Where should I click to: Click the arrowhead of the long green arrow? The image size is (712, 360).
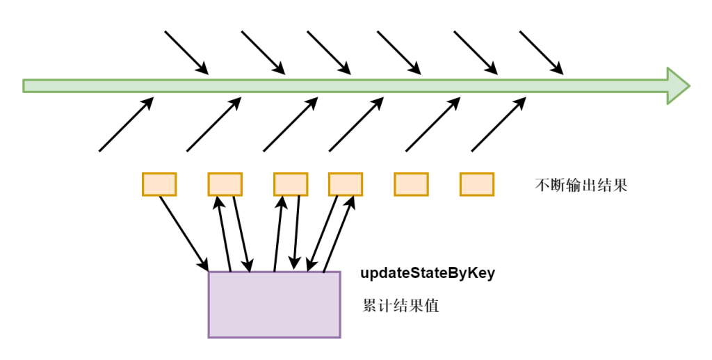[x=678, y=85]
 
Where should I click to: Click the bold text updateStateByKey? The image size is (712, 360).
[x=428, y=273]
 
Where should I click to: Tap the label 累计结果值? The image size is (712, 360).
[x=400, y=306]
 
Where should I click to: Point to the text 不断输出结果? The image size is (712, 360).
[x=581, y=186]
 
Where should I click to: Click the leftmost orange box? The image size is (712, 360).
[x=159, y=184]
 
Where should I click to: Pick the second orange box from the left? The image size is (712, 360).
[x=225, y=184]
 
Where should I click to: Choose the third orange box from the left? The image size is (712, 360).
[x=291, y=184]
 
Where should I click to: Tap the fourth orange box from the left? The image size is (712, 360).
[x=345, y=184]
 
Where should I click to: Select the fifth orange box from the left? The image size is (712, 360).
[x=411, y=184]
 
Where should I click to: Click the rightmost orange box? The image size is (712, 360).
[x=476, y=184]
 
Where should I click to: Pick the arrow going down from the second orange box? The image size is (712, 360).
[x=241, y=233]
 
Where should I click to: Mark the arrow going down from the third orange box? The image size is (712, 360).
[x=298, y=233]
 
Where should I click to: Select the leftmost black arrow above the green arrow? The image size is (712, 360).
[x=186, y=51]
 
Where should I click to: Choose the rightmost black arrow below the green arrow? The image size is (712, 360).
[x=499, y=124]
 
